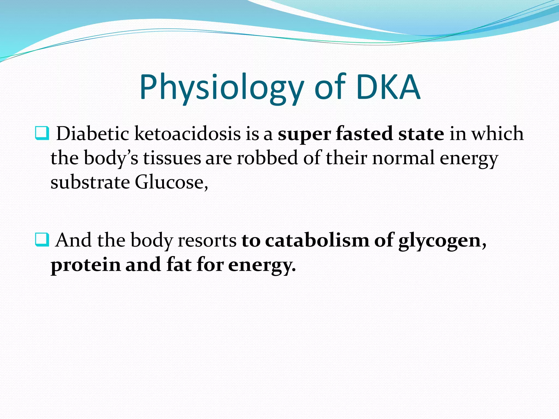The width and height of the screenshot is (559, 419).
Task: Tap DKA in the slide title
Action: (x=388, y=87)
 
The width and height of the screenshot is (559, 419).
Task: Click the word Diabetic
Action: (x=93, y=134)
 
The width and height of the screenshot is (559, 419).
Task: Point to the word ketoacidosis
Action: (x=188, y=134)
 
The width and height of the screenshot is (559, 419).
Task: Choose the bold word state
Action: (x=421, y=134)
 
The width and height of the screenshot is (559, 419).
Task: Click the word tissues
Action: (x=172, y=158)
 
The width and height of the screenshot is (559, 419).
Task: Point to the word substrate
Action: (x=90, y=182)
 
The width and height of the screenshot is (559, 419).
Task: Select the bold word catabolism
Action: (x=317, y=240)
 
